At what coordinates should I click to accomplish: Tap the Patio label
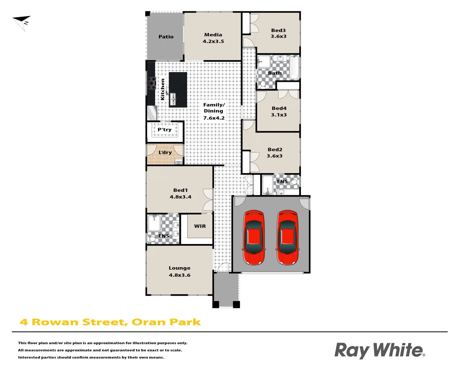point(166,37)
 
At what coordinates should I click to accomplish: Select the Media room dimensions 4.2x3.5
point(213,42)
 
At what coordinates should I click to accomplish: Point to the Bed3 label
point(278,30)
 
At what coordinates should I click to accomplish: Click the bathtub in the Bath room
point(294,67)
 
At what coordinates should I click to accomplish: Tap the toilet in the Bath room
point(262,84)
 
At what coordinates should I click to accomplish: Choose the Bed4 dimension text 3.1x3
point(279,115)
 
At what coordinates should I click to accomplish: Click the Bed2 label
point(275,149)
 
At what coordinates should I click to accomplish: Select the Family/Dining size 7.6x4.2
point(214,118)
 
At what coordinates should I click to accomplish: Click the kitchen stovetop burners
point(151,83)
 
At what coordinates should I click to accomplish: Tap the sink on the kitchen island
point(173,99)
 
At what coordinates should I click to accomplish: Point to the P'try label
point(165,130)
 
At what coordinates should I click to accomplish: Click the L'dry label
point(165,152)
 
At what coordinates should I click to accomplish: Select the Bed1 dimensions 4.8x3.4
point(181,197)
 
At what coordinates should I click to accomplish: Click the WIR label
point(200,226)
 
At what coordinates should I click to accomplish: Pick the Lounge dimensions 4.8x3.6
point(180,275)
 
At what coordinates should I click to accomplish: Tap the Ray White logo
point(379,350)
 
